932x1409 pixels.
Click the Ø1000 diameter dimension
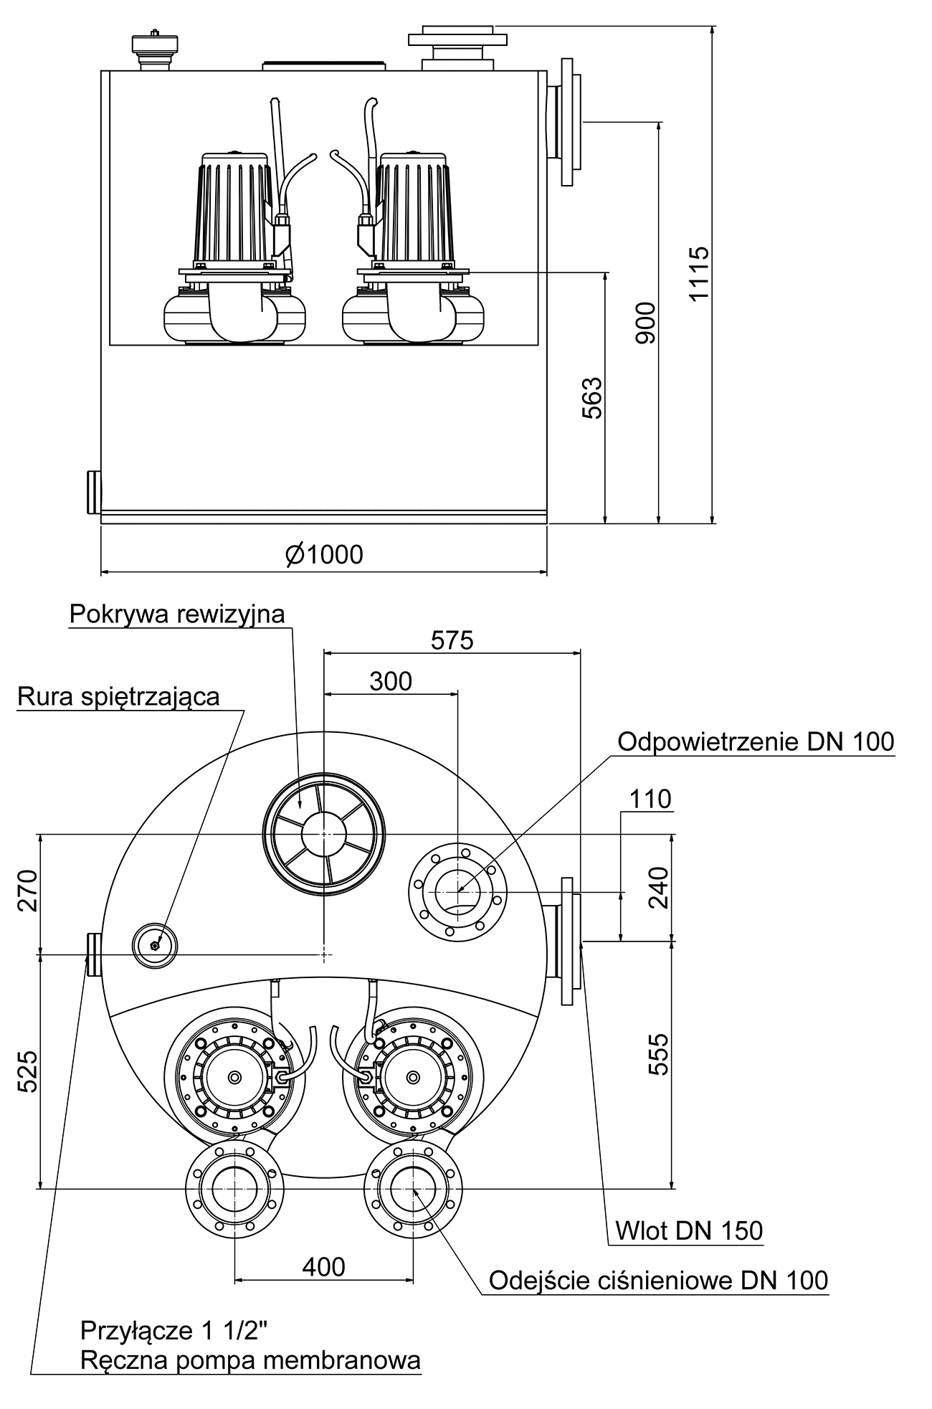323,554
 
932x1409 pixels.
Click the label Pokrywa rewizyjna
177,615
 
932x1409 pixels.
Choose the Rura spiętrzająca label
119,696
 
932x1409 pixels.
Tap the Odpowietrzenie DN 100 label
756,741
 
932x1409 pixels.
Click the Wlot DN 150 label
689,1230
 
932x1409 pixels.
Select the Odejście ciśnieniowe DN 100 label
658,1280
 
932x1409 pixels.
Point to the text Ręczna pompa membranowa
250,1360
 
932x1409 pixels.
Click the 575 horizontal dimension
452,640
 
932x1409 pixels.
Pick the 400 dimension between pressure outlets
323,1267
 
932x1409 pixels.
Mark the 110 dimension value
650,799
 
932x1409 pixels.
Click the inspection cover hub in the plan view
323,834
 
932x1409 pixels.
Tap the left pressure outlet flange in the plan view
234,1188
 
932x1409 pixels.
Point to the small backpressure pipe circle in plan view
155,945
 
